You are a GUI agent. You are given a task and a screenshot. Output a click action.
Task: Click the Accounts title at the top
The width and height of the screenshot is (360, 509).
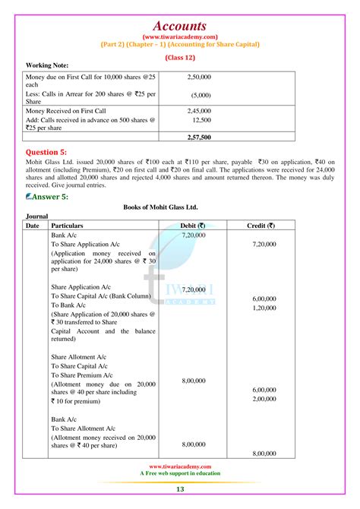tap(180, 26)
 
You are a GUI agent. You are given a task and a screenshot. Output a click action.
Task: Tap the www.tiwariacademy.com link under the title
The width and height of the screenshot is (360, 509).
tap(180, 36)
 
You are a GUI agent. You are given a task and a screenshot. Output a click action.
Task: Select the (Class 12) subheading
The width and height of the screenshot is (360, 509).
tap(180, 56)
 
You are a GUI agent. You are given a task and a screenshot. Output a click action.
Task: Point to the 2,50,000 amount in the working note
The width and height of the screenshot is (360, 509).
tap(200, 77)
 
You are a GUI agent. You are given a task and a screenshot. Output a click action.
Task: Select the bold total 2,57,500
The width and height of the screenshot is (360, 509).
tap(200, 137)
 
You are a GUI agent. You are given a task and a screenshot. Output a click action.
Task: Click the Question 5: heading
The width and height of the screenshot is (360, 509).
tap(52, 153)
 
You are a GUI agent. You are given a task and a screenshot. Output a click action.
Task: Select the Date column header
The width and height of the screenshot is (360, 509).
tap(32, 226)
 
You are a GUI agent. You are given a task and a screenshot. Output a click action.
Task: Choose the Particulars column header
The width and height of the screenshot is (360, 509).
tap(67, 226)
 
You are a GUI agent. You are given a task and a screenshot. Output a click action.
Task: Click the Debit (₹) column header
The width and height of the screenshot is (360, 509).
tap(189, 226)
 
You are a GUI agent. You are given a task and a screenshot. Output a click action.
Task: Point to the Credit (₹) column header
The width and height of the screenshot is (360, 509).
tap(261, 226)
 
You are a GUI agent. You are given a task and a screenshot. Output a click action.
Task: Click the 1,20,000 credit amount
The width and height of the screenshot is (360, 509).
tap(264, 308)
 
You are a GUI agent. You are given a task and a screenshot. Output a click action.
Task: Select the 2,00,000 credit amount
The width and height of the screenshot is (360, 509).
tap(264, 399)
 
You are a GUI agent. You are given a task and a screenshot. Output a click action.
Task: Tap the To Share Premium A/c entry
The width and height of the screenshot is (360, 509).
tap(82, 376)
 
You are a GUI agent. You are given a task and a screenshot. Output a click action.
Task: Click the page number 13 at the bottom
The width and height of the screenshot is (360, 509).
tap(180, 489)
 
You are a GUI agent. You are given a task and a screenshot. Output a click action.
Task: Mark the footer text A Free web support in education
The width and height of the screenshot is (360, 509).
tap(180, 473)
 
